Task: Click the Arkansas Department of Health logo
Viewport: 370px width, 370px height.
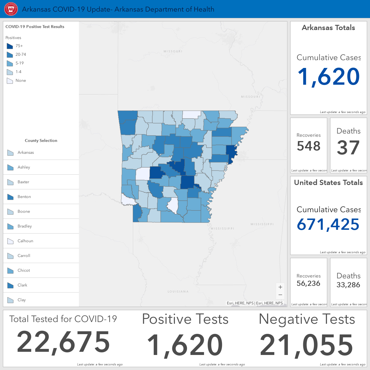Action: coord(11,9)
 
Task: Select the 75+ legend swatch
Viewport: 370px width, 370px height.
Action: coord(10,46)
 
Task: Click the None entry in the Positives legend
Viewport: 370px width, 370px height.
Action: coord(21,80)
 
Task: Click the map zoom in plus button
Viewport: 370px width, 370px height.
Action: coord(280,287)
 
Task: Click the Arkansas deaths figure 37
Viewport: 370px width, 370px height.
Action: coord(348,147)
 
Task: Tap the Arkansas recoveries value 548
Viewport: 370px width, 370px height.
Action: coord(308,146)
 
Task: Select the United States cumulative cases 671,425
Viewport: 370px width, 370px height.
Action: coord(328,225)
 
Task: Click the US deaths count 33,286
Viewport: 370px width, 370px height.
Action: coord(348,285)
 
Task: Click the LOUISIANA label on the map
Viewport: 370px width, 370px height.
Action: coord(178,291)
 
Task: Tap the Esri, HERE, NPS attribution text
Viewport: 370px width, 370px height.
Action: coord(255,303)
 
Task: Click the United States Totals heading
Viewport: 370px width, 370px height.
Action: coord(329,183)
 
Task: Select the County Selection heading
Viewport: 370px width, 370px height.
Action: coord(41,140)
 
